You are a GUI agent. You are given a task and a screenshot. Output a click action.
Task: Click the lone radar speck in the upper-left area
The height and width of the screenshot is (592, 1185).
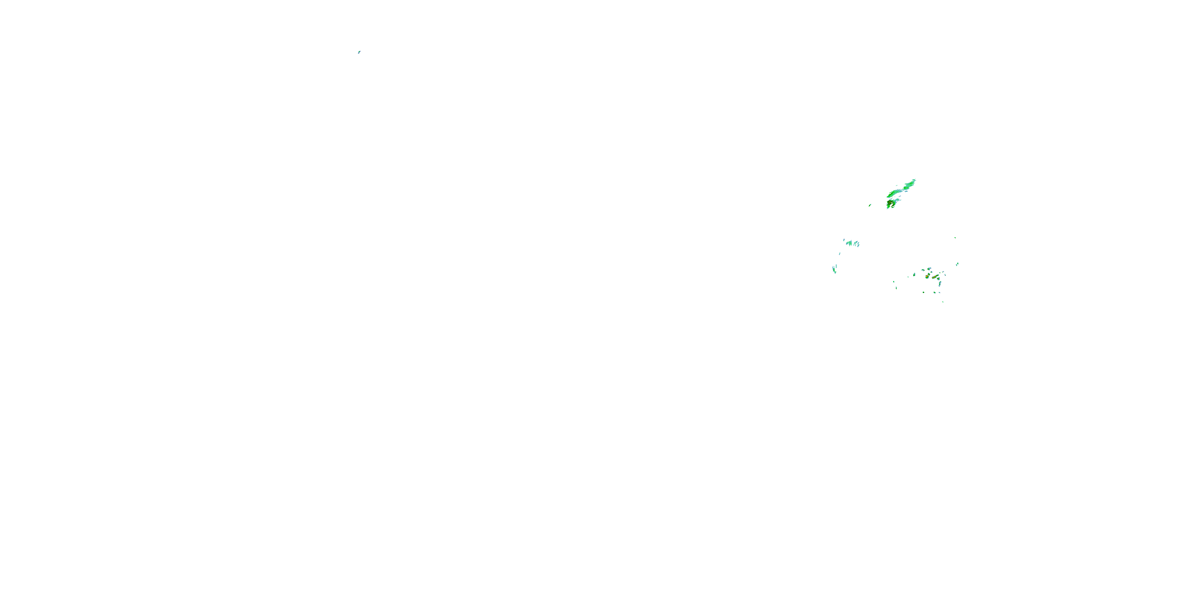(x=359, y=52)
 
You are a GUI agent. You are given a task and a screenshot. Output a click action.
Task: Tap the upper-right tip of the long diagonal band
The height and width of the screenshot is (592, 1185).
(x=916, y=180)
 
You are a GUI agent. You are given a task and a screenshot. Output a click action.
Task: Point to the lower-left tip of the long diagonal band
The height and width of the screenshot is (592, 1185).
(x=888, y=197)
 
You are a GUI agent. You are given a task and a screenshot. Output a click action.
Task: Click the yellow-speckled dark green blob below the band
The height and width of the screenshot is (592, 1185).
(x=891, y=203)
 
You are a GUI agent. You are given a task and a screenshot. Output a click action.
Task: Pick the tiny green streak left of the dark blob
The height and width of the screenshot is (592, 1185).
(x=870, y=206)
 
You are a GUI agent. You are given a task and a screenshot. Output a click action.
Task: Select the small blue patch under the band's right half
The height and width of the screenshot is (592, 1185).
(x=907, y=192)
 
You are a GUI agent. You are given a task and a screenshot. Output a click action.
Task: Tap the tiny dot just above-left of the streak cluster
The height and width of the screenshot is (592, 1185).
(x=844, y=240)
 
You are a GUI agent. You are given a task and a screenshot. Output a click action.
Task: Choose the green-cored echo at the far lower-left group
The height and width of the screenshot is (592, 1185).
(x=835, y=270)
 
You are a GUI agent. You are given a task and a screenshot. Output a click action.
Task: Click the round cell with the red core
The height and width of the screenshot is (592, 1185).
(x=927, y=277)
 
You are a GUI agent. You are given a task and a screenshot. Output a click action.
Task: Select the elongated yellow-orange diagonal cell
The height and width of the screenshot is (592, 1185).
(x=936, y=277)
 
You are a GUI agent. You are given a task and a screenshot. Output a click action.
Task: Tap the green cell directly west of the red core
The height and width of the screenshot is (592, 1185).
(x=914, y=275)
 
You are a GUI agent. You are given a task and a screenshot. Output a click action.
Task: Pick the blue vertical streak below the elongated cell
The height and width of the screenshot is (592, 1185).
(x=940, y=284)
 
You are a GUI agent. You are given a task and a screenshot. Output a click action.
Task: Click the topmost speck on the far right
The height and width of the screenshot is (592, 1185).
(x=956, y=238)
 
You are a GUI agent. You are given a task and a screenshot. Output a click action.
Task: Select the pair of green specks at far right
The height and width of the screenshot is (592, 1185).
(x=958, y=264)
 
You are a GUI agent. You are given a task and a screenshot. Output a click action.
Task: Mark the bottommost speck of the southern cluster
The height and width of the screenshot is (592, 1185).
(x=943, y=302)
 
